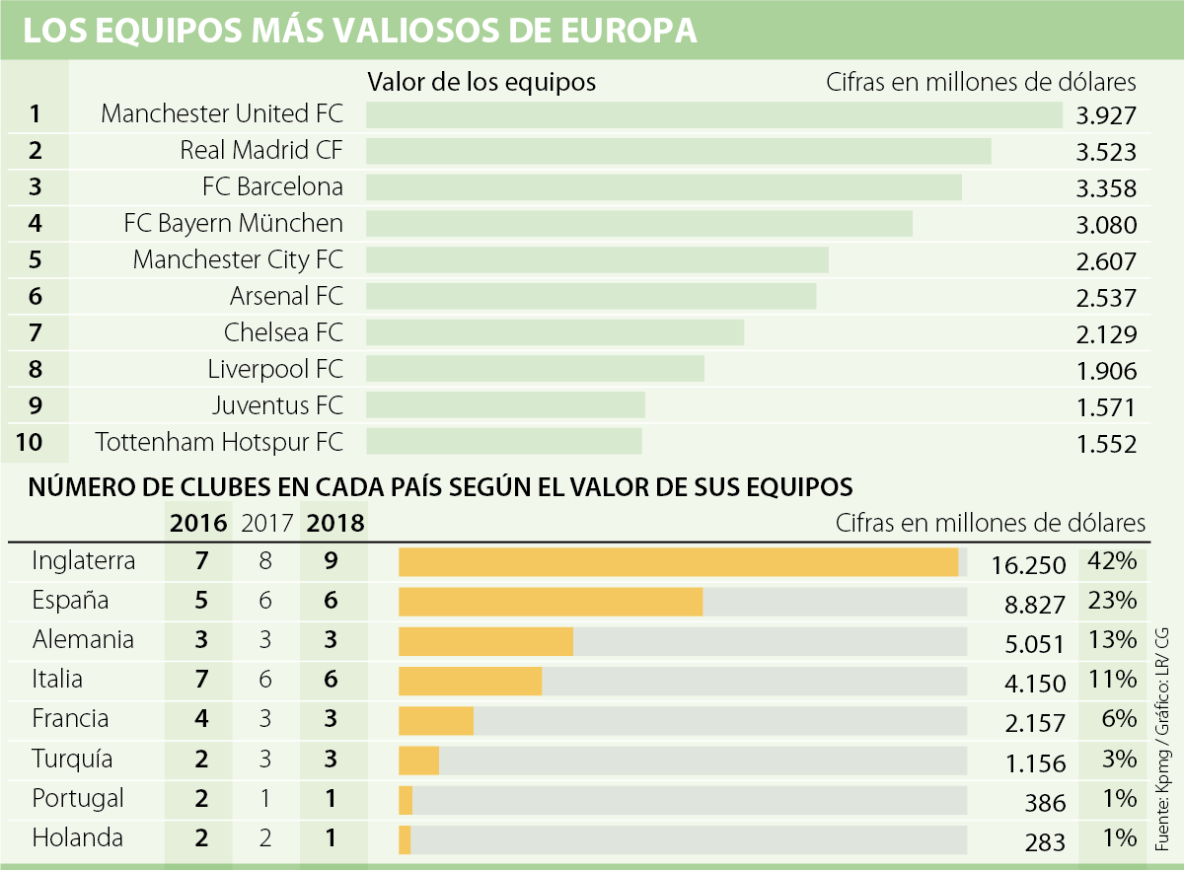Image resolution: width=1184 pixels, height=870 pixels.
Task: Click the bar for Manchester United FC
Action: (x=714, y=115)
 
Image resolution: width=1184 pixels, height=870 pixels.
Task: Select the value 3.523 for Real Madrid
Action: (x=1107, y=153)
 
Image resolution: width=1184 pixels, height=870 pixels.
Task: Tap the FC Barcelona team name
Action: (x=272, y=186)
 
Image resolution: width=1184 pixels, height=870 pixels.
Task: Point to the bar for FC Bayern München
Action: (x=639, y=223)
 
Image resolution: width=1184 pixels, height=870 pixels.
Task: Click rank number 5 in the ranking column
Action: (x=36, y=260)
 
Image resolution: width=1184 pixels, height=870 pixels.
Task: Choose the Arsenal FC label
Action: (x=286, y=296)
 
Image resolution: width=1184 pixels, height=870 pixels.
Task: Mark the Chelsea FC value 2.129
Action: (x=1107, y=334)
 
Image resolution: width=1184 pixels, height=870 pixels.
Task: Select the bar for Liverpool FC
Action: (x=536, y=369)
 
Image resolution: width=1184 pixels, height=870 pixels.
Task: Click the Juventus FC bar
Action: (x=506, y=405)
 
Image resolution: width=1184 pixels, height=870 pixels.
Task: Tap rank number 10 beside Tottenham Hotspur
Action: (x=31, y=442)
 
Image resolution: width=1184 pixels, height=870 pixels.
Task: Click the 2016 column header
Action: (x=198, y=523)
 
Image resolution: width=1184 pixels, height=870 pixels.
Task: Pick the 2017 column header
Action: (x=266, y=523)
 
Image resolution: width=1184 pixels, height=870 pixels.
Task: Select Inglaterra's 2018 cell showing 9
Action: (x=332, y=561)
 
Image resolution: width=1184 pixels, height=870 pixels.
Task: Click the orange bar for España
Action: (x=551, y=602)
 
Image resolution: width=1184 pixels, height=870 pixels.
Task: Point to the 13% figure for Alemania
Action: (x=1111, y=639)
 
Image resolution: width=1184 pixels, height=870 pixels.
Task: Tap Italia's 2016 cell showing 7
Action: (x=201, y=680)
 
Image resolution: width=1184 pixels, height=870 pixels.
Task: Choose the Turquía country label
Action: (x=72, y=760)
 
